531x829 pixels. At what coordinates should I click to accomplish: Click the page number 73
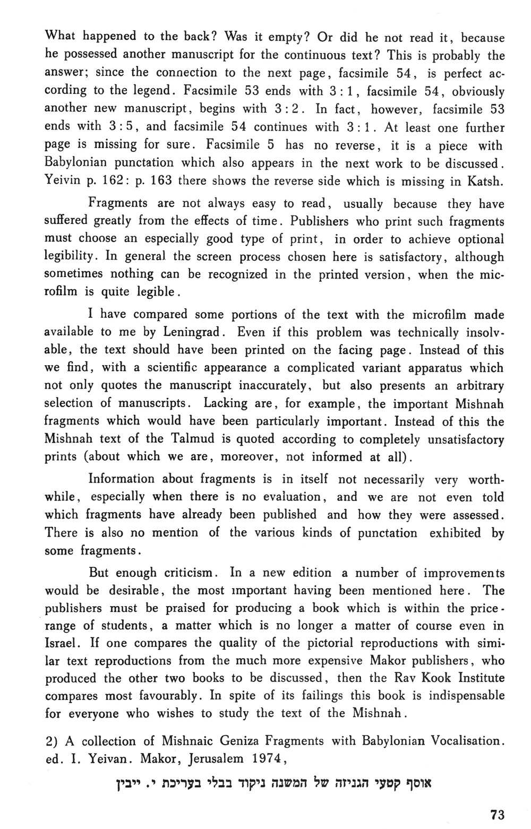(497, 815)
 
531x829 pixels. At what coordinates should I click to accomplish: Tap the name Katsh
(484, 182)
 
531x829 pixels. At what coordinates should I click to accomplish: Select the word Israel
(62, 643)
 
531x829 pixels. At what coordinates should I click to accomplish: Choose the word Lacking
(226, 403)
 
